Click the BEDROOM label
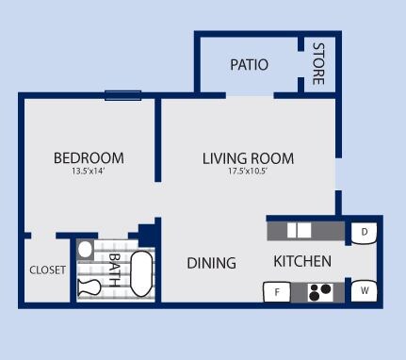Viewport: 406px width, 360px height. (x=89, y=157)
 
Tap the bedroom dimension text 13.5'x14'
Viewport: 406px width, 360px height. (x=89, y=172)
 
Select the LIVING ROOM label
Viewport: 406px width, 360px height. (x=248, y=157)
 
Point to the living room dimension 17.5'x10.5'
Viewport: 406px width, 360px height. (x=248, y=172)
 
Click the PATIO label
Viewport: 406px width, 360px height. (x=249, y=65)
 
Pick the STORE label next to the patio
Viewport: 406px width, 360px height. (x=318, y=64)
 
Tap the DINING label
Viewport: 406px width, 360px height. (x=211, y=263)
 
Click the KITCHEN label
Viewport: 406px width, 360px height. (x=301, y=261)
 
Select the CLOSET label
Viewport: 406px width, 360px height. (x=47, y=270)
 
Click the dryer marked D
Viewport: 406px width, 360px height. (x=364, y=231)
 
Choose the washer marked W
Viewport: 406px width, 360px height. (x=364, y=291)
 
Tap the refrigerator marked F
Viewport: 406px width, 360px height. (x=277, y=292)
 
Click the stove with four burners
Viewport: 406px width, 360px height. (x=320, y=292)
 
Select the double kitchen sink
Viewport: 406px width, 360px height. (x=299, y=230)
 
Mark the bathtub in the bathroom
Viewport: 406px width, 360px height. (x=141, y=274)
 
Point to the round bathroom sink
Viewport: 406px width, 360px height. (x=86, y=250)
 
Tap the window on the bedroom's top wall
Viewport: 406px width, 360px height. (x=122, y=94)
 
